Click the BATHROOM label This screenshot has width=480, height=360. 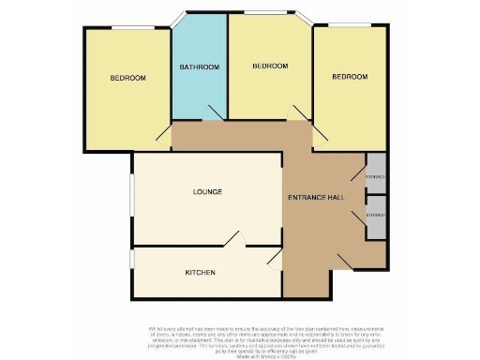tap(200, 67)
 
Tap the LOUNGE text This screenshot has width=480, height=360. tap(207, 192)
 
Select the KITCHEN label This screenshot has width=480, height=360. tap(201, 273)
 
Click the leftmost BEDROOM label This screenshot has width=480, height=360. tap(127, 78)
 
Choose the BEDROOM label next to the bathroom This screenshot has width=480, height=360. tap(270, 67)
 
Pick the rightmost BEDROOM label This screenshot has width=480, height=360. tap(349, 77)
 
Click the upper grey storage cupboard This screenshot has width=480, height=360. tap(375, 174)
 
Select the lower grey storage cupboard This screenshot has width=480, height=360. tap(375, 215)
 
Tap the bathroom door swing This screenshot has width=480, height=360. tap(212, 113)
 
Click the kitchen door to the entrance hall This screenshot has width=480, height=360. tap(274, 257)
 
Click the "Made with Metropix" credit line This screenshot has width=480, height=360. tap(239, 352)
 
